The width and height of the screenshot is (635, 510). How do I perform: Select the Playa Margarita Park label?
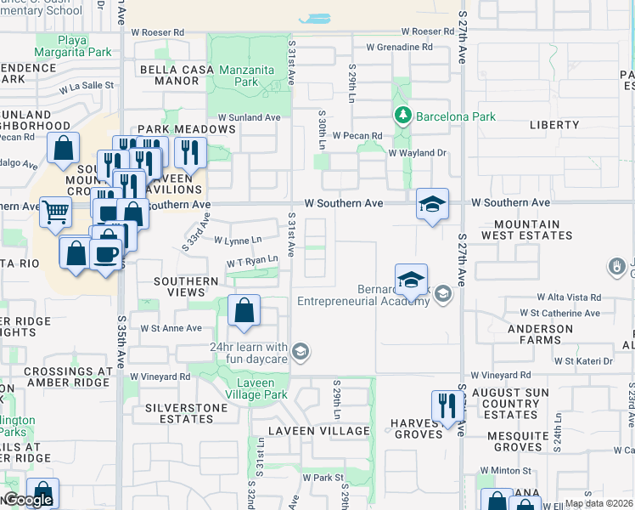tap(84, 46)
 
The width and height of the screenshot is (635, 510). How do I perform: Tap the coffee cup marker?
tap(105, 254)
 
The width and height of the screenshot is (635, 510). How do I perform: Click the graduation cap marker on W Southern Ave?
tap(432, 204)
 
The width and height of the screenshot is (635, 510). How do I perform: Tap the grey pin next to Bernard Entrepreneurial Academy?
tap(442, 293)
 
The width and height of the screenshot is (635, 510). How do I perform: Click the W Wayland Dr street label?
tap(417, 153)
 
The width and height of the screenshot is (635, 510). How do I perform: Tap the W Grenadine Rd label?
tap(399, 48)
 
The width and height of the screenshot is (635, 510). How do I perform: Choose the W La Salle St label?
tap(86, 86)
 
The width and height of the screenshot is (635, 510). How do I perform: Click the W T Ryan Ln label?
tap(252, 260)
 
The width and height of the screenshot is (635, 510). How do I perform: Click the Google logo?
tap(27, 501)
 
